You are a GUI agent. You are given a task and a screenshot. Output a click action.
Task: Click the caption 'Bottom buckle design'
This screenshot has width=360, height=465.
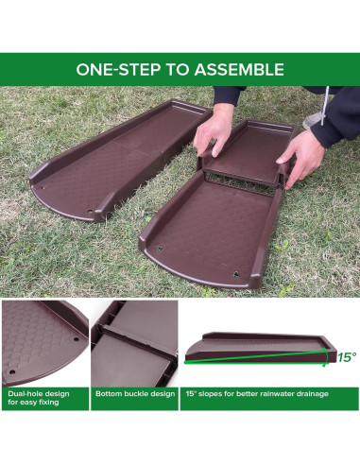pos(132,391)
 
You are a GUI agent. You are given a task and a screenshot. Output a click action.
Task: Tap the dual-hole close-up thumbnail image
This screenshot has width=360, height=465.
pos(44,340)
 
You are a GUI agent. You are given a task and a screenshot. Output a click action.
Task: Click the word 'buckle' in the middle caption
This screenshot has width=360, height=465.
pos(133,391)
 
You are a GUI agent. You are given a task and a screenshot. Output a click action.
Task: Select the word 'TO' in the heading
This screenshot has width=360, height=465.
pos(173,69)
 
